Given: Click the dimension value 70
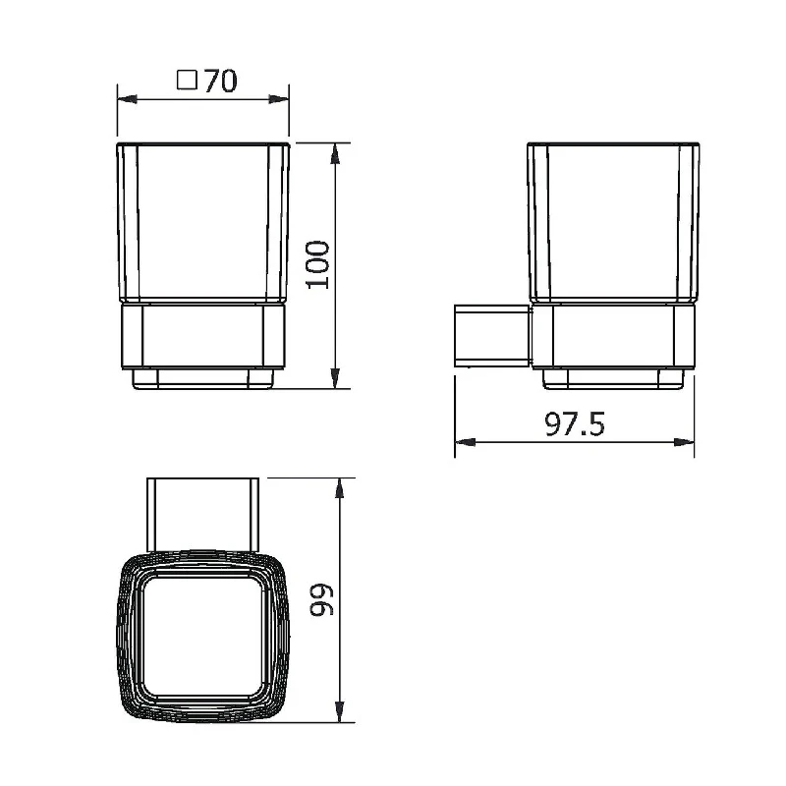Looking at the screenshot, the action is (x=220, y=81).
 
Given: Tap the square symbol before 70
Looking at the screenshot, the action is (x=187, y=80).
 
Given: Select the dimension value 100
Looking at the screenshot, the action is (x=317, y=264).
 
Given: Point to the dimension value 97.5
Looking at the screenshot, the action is (x=575, y=424).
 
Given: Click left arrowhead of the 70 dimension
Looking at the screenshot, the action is (x=127, y=99).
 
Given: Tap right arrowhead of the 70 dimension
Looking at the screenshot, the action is (x=279, y=99).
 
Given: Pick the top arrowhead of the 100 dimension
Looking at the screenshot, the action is (x=335, y=153).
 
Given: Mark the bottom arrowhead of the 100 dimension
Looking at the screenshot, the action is (x=335, y=378).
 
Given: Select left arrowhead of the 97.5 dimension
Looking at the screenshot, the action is (x=465, y=442).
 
